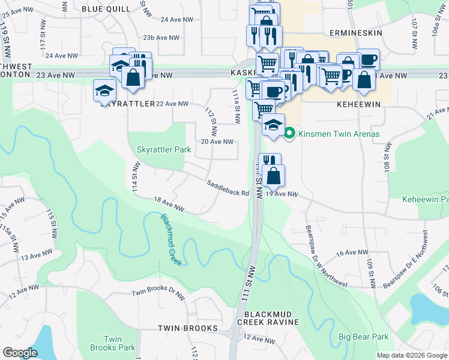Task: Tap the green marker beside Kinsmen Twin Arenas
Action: point(290,133)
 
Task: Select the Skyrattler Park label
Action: point(164,149)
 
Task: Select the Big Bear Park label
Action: point(363,337)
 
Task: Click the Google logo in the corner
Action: point(20,353)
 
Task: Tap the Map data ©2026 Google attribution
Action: point(412,355)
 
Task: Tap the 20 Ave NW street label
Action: point(216,142)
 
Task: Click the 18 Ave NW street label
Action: point(168,205)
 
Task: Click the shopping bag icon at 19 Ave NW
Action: point(274,176)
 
